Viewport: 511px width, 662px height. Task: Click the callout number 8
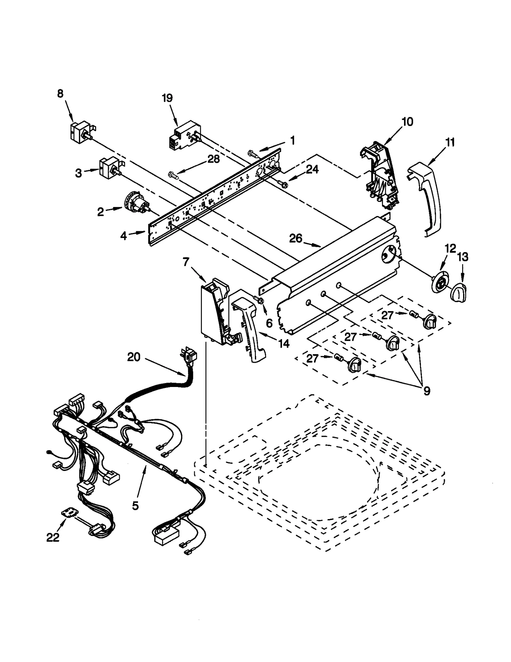point(60,93)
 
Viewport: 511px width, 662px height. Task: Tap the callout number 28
point(214,159)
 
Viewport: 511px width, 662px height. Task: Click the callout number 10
point(407,122)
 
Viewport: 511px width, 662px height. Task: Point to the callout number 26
point(295,238)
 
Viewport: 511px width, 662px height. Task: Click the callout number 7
point(186,262)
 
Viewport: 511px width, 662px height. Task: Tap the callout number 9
point(427,391)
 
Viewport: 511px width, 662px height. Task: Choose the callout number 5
point(135,505)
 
